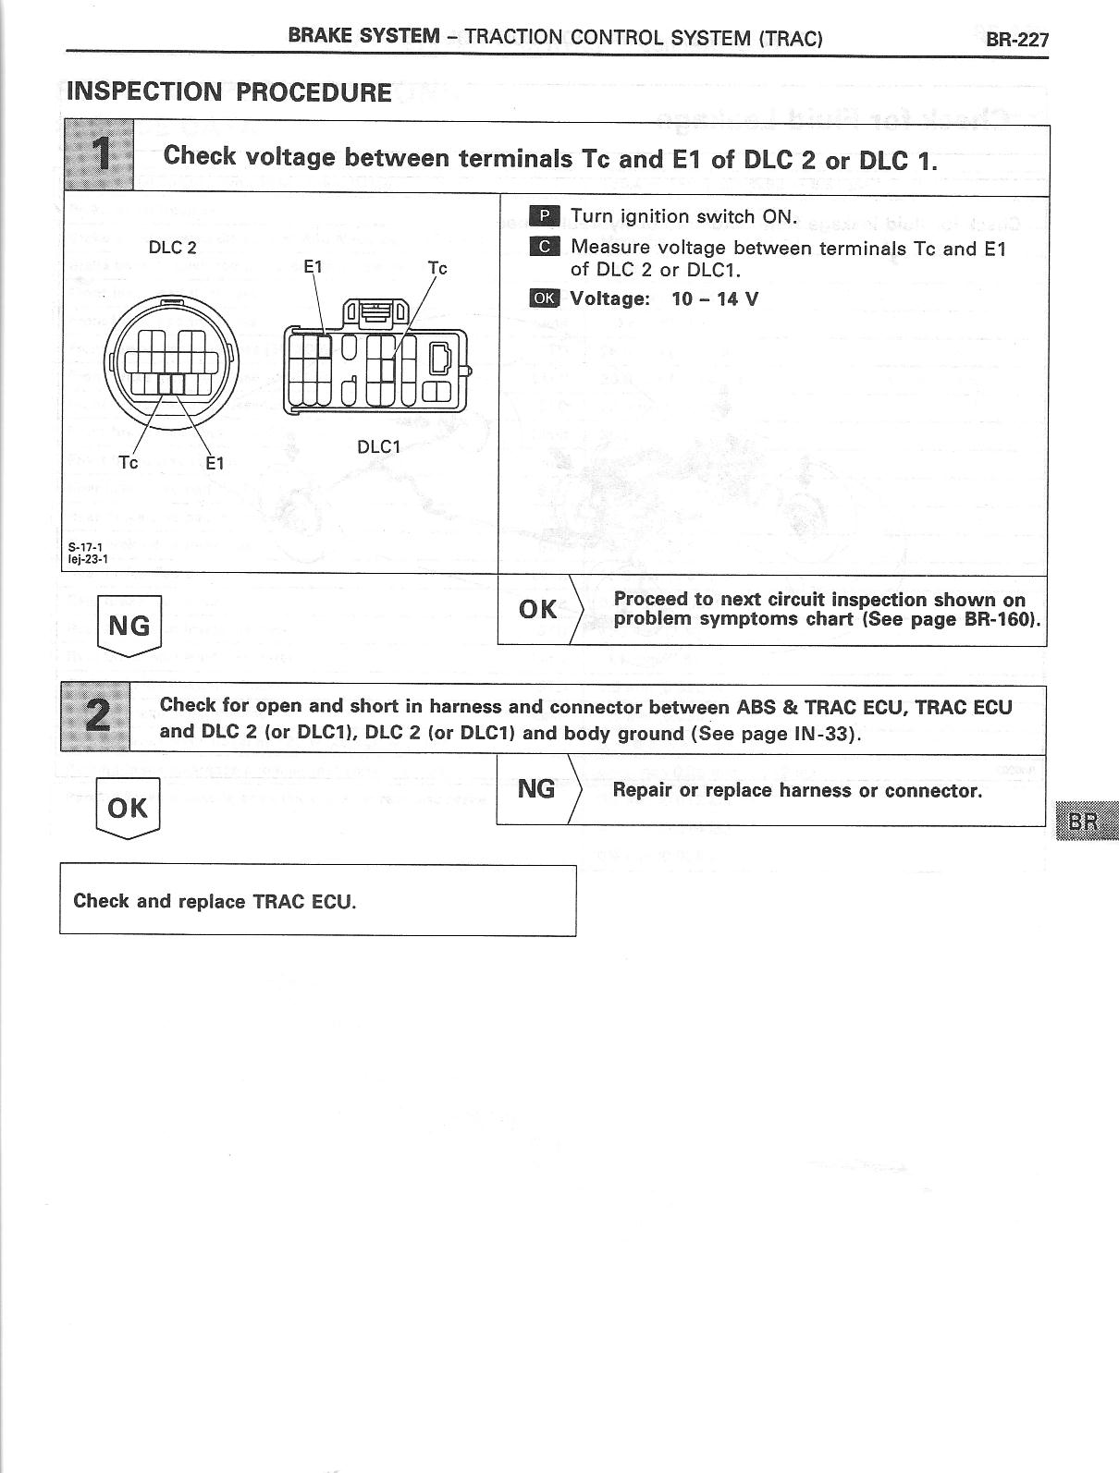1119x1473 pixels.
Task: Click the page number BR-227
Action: tap(1016, 39)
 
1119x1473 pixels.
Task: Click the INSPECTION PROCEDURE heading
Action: tap(229, 92)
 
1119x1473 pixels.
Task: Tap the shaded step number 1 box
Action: tap(100, 156)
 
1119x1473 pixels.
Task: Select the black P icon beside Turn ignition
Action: tap(545, 216)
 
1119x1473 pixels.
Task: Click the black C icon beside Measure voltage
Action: tap(545, 247)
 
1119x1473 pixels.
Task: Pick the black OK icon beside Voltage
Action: tap(545, 298)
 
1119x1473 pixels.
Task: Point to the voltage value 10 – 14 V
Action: tap(715, 298)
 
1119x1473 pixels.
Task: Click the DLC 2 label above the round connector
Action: tap(173, 248)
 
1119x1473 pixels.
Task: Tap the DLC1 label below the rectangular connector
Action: tap(379, 447)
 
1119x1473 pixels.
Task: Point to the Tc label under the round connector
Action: tap(129, 462)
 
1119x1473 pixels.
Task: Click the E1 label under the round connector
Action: tap(215, 463)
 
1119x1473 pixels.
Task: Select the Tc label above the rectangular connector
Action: tap(437, 268)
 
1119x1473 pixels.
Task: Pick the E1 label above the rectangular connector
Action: tap(314, 266)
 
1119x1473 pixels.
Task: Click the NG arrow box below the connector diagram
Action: tap(129, 626)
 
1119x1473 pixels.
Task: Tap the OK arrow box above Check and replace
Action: tap(128, 809)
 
